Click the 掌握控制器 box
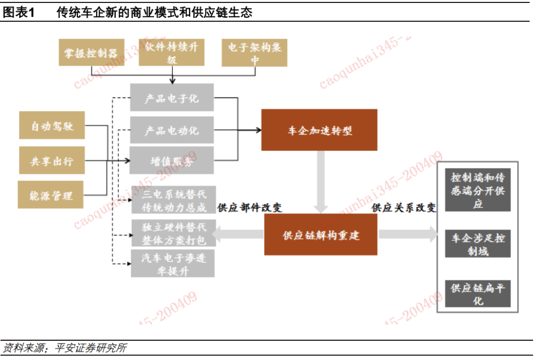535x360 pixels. pos(91,52)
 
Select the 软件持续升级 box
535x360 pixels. pos(171,52)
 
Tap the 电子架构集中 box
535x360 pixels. pos(254,52)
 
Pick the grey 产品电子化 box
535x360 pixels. pos(171,98)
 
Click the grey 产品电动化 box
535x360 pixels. pos(171,130)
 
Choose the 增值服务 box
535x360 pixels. pos(171,160)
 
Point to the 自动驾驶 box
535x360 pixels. pos(52,126)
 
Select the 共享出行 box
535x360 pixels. pos(52,160)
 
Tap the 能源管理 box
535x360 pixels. pos(51,195)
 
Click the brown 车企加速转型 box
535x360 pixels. pos(319,130)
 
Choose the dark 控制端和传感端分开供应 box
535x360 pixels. pos(478,190)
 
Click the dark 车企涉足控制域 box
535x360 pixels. pos(478,244)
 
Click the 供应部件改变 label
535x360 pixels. pos(250,207)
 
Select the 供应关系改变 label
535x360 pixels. pos(404,207)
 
